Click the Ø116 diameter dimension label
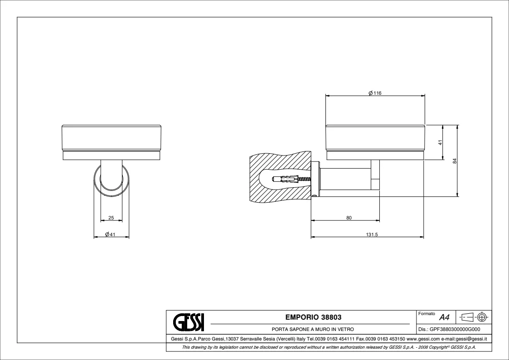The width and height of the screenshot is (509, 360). point(375,93)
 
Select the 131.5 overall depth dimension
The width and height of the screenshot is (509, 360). point(372,234)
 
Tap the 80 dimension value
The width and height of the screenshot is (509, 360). point(349,218)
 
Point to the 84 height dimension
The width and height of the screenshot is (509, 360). point(455,161)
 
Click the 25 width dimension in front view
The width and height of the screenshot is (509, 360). point(111,218)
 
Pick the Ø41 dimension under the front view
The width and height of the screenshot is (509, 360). point(111,234)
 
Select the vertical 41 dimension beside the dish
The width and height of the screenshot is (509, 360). point(441,142)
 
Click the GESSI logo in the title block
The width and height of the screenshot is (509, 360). point(189,322)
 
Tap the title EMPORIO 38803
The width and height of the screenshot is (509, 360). point(313,317)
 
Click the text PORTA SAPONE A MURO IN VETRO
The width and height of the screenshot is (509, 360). point(313,329)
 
